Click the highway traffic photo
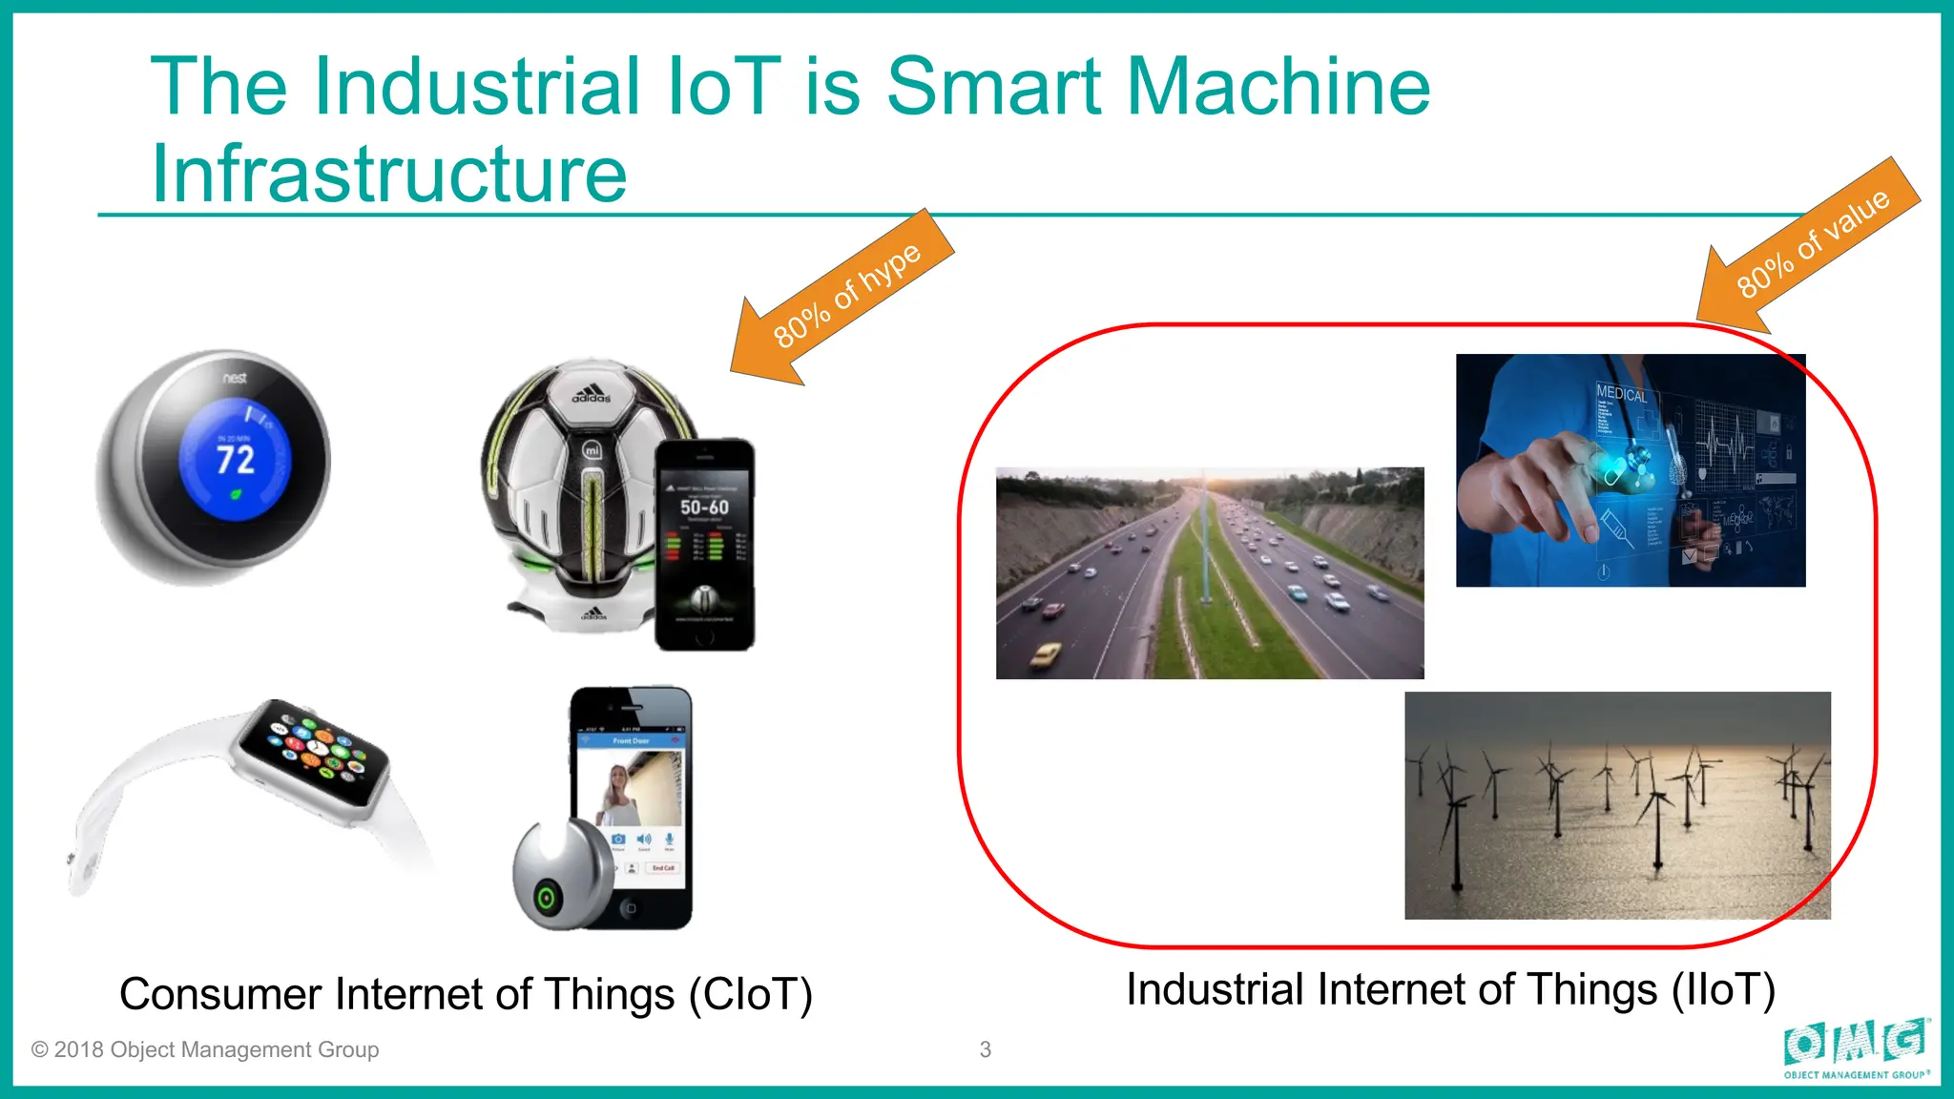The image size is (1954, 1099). [1210, 572]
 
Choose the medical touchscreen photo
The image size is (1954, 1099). [1630, 469]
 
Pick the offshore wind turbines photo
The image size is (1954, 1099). [1617, 805]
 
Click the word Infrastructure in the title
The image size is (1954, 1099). [389, 174]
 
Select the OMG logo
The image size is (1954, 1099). [1856, 1047]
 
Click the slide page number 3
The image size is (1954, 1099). [986, 1049]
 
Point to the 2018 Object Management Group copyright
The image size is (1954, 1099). [205, 1049]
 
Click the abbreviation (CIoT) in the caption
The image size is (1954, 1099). [751, 994]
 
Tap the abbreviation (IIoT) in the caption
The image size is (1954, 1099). [1722, 989]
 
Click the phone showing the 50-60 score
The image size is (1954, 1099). [705, 544]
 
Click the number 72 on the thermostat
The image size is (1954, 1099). [235, 460]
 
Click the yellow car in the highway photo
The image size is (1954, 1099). [1046, 654]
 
